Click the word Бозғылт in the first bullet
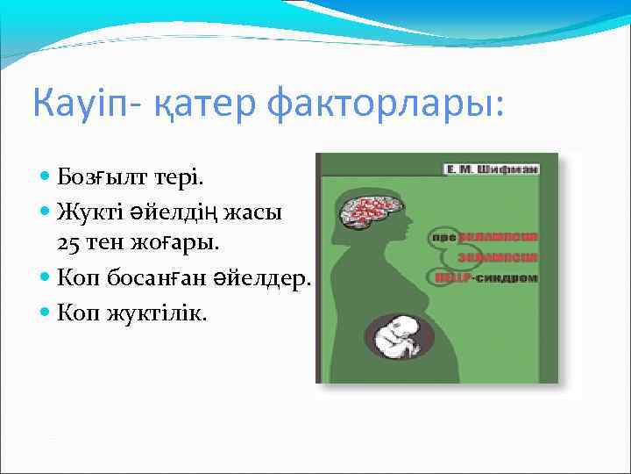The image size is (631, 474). coord(99,178)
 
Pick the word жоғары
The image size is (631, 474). coord(164,241)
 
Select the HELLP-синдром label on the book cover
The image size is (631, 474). coord(486,277)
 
